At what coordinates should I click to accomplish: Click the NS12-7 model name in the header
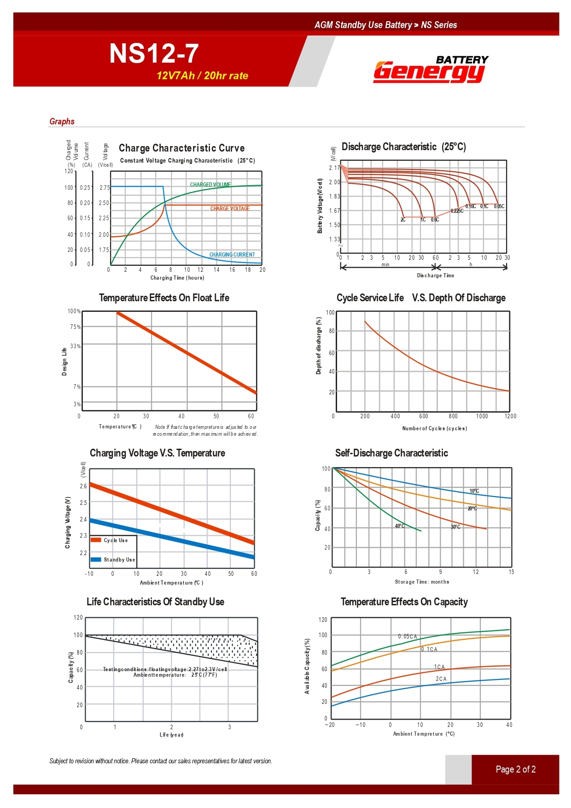pyautogui.click(x=154, y=53)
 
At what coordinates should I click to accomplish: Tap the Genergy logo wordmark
pyautogui.click(x=429, y=72)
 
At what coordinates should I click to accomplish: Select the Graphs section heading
pyautogui.click(x=62, y=122)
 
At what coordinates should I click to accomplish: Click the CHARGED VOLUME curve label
pyautogui.click(x=210, y=185)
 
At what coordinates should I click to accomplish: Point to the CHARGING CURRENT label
pyautogui.click(x=232, y=255)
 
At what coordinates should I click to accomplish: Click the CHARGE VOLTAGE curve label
pyautogui.click(x=230, y=209)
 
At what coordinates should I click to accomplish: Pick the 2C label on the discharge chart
pyautogui.click(x=403, y=220)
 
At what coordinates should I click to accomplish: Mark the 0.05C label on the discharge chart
pyautogui.click(x=499, y=206)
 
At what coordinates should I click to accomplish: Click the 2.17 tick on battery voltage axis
pyautogui.click(x=334, y=168)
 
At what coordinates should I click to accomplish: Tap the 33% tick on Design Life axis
pyautogui.click(x=75, y=346)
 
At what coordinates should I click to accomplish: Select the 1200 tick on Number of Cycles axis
pyautogui.click(x=510, y=416)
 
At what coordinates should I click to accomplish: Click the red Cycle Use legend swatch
pyautogui.click(x=96, y=540)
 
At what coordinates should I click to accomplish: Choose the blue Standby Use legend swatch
pyautogui.click(x=96, y=560)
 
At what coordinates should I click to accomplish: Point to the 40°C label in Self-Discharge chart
pyautogui.click(x=400, y=526)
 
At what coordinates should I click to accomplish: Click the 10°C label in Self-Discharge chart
pyautogui.click(x=474, y=491)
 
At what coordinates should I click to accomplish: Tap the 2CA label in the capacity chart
pyautogui.click(x=441, y=679)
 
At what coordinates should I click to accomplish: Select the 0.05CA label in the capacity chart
pyautogui.click(x=408, y=637)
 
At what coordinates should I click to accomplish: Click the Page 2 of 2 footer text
pyautogui.click(x=515, y=769)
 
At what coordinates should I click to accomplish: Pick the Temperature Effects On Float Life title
pyautogui.click(x=164, y=298)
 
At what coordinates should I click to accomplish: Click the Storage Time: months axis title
pyautogui.click(x=422, y=582)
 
